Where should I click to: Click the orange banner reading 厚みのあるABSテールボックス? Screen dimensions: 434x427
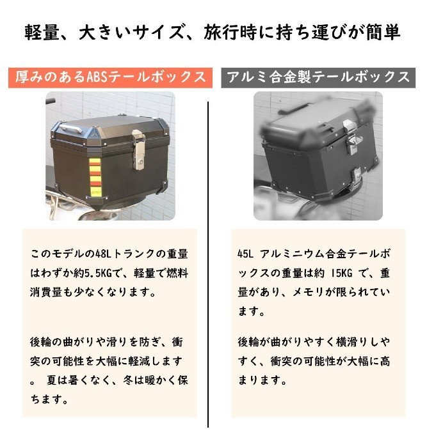pos(111,77)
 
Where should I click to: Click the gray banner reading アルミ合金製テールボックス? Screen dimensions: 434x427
pos(317,77)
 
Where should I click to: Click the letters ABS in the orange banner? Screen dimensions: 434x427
pos(102,77)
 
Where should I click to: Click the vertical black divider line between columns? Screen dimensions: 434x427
pos(209,256)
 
